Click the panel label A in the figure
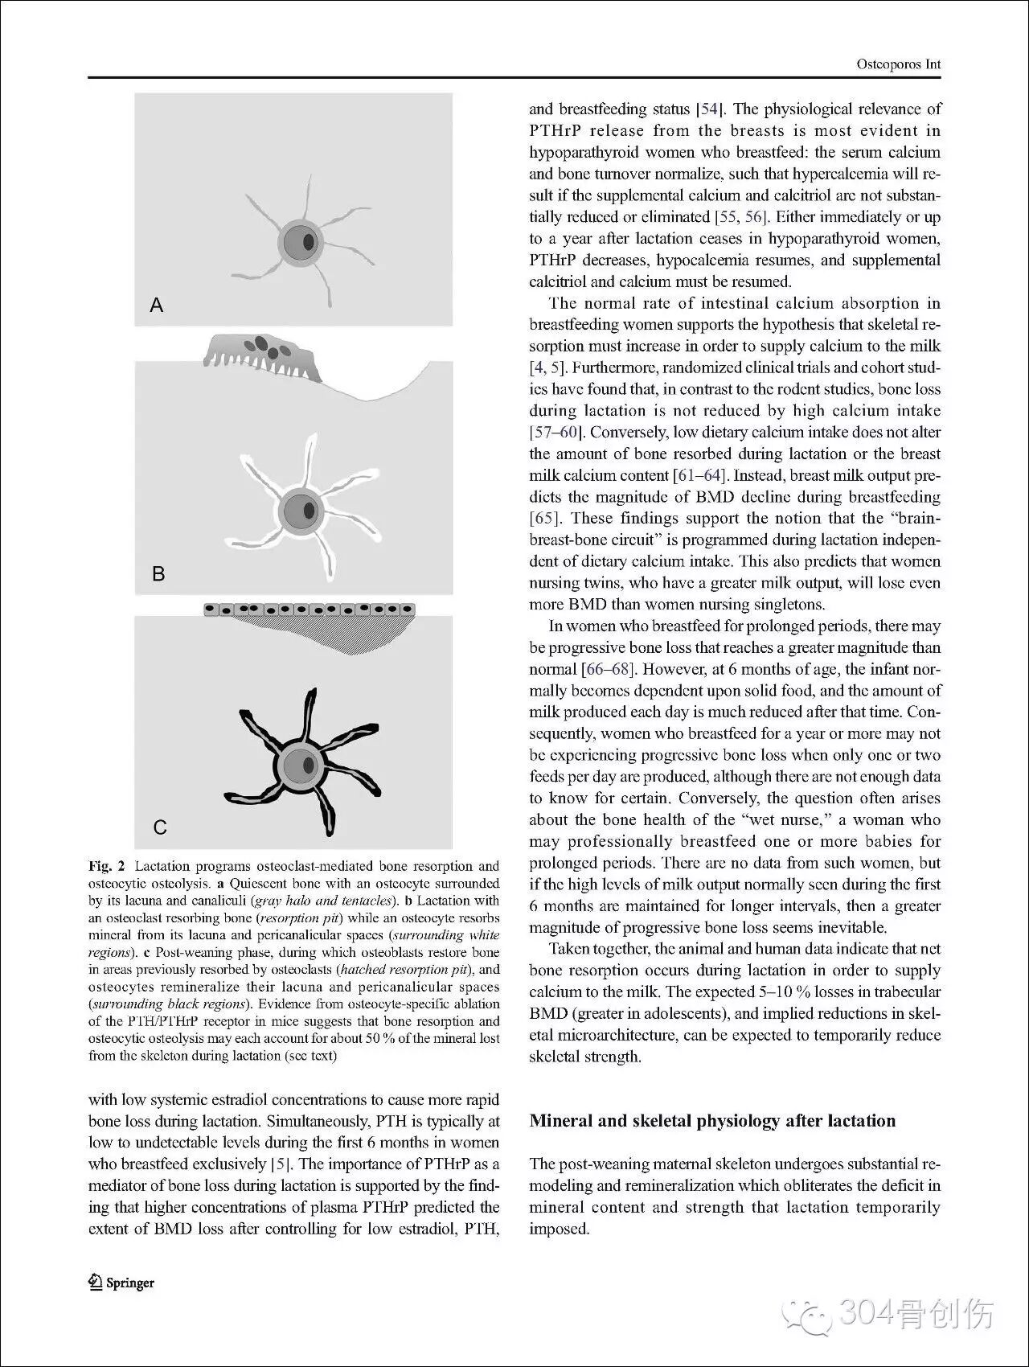(157, 306)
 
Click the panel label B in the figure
(158, 574)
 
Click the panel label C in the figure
(160, 827)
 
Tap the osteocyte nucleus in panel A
(305, 240)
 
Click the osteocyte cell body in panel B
(300, 510)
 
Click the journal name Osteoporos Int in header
(898, 64)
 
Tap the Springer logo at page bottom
(122, 1283)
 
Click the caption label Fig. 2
(107, 867)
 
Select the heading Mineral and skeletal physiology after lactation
(712, 1121)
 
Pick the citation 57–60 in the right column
(554, 433)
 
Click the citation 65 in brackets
(545, 519)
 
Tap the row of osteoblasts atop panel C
(310, 609)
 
